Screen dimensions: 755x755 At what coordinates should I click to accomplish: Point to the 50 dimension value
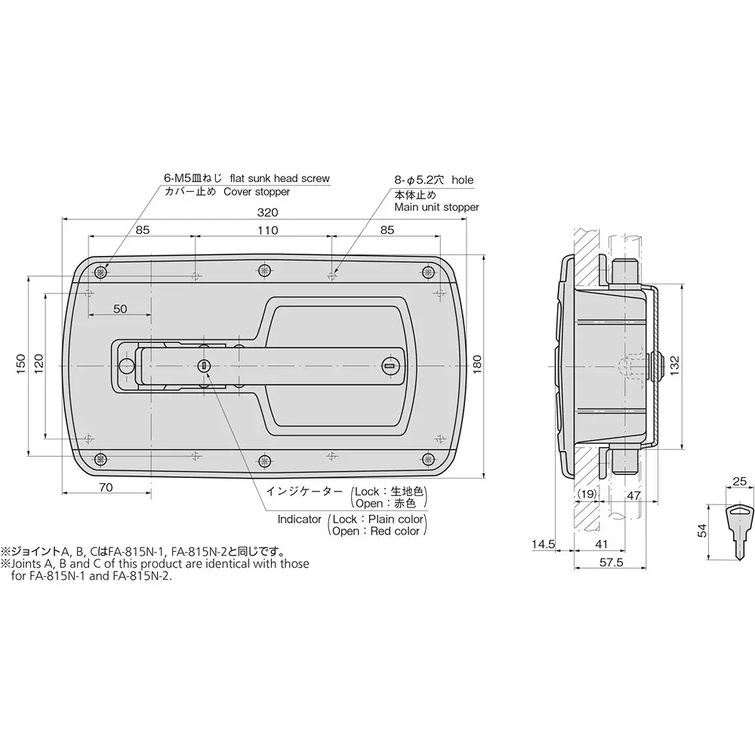pos(120,309)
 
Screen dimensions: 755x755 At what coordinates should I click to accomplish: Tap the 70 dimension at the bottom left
pos(106,487)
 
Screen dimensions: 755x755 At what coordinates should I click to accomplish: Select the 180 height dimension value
pos(476,364)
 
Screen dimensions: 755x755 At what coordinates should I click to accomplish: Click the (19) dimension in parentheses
pos(587,495)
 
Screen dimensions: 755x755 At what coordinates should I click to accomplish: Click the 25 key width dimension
pos(740,481)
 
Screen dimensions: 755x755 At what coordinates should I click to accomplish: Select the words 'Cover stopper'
pos(257,192)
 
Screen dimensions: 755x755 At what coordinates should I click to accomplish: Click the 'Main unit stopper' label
pos(436,206)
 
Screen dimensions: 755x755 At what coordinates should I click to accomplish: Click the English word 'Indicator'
pos(300,519)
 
